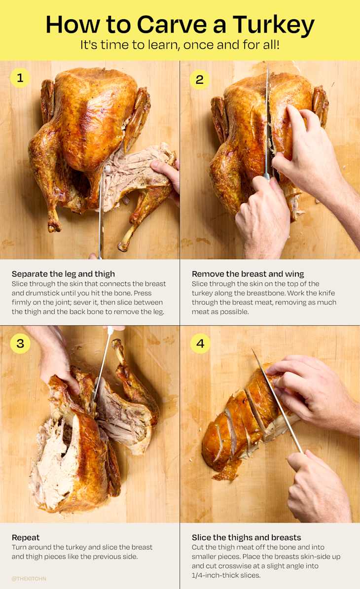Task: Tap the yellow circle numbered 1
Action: tap(20, 78)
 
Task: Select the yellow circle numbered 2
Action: tap(199, 79)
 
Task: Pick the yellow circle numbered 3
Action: tap(20, 343)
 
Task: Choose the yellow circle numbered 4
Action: tap(200, 344)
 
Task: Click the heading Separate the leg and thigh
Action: tap(63, 274)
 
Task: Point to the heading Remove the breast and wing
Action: tap(248, 274)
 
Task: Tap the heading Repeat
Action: tap(26, 537)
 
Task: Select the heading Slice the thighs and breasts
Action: tap(246, 537)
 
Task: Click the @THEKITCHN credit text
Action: tap(29, 579)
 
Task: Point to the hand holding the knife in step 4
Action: tap(316, 488)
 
